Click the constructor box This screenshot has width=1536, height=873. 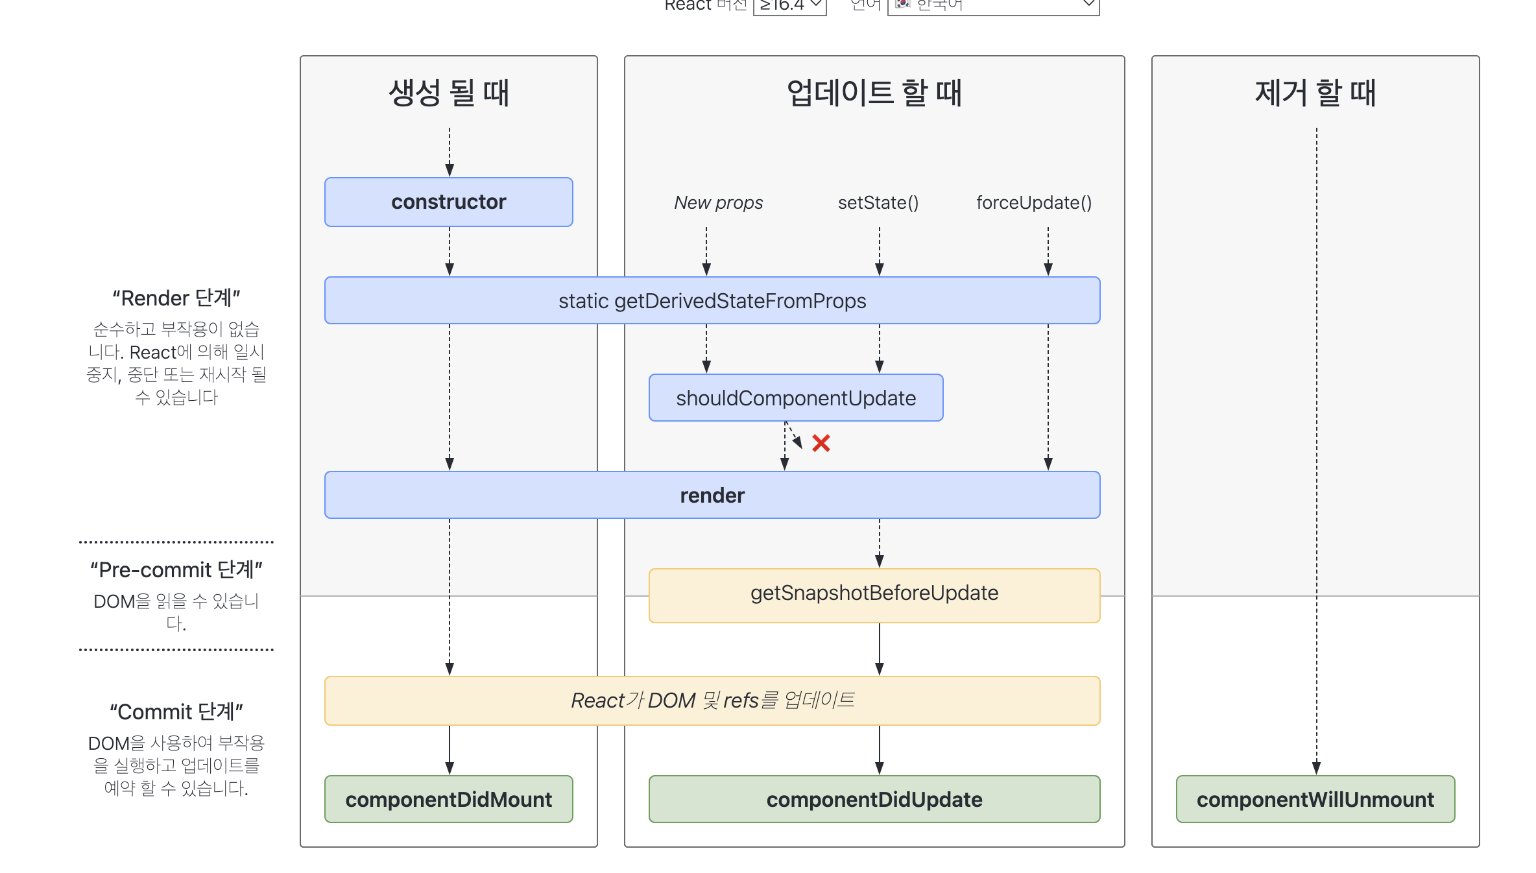[x=448, y=202]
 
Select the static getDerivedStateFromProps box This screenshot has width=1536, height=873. [x=712, y=300]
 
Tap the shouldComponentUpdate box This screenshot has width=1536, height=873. [x=795, y=398]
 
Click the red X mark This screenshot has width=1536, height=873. [x=821, y=444]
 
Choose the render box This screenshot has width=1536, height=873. [x=712, y=495]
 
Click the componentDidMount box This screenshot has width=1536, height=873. [x=448, y=799]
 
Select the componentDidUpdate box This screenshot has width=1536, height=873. [x=874, y=799]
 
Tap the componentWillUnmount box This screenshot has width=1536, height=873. [x=1315, y=799]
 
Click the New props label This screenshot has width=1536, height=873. [x=718, y=202]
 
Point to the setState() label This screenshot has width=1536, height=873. [x=878, y=202]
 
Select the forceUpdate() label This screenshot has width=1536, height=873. [x=1033, y=202]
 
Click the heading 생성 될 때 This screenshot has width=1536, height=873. [x=448, y=93]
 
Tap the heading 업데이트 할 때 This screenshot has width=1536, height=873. [x=874, y=93]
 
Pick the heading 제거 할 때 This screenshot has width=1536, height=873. [x=1315, y=93]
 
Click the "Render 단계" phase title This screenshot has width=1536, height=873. [x=176, y=298]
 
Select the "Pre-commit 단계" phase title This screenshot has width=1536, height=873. [x=176, y=569]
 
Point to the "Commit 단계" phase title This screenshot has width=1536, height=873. [x=176, y=712]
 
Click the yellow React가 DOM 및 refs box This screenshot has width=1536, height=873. [x=712, y=700]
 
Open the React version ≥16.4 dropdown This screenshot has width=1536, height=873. [x=789, y=6]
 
